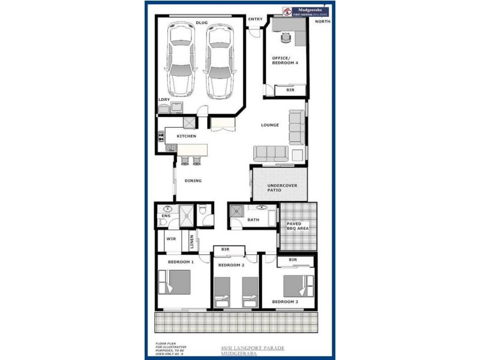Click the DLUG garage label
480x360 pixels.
[202, 23]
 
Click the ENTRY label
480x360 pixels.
[255, 19]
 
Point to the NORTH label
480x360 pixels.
[322, 22]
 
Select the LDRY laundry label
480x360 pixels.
[164, 100]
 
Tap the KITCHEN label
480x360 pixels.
[186, 136]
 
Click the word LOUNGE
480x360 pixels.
[270, 125]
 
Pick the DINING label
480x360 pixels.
[193, 181]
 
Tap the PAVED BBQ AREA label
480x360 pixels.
[298, 226]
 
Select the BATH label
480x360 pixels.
[253, 220]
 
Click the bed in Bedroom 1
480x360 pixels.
[175, 282]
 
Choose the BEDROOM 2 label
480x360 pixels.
[231, 265]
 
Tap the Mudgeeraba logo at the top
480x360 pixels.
[306, 11]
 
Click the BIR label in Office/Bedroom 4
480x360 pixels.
[290, 90]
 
